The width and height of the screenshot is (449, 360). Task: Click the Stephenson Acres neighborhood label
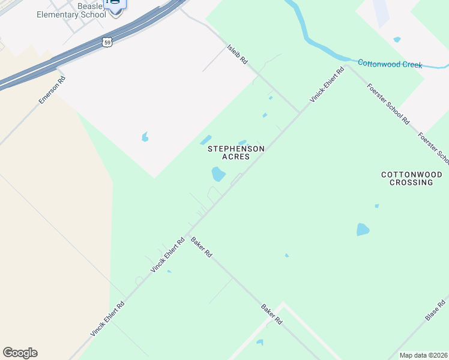(236, 152)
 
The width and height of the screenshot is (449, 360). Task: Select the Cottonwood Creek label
(390, 64)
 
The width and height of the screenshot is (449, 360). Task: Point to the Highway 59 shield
(107, 43)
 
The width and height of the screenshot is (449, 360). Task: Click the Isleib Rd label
(237, 53)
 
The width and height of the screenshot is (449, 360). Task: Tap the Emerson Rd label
(52, 90)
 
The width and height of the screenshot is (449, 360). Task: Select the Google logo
(20, 353)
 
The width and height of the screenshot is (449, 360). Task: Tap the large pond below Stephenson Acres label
(218, 175)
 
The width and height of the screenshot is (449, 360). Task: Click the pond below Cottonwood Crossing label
(363, 229)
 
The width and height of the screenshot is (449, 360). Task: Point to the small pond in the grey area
(145, 137)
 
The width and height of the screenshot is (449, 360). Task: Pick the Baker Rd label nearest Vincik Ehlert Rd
(202, 247)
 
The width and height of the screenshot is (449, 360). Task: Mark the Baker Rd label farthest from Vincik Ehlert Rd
(271, 314)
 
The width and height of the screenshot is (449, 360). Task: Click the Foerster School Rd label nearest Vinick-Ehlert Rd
(388, 104)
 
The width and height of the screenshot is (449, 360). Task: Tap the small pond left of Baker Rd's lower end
(259, 343)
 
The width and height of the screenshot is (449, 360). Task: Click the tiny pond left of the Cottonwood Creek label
(397, 40)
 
